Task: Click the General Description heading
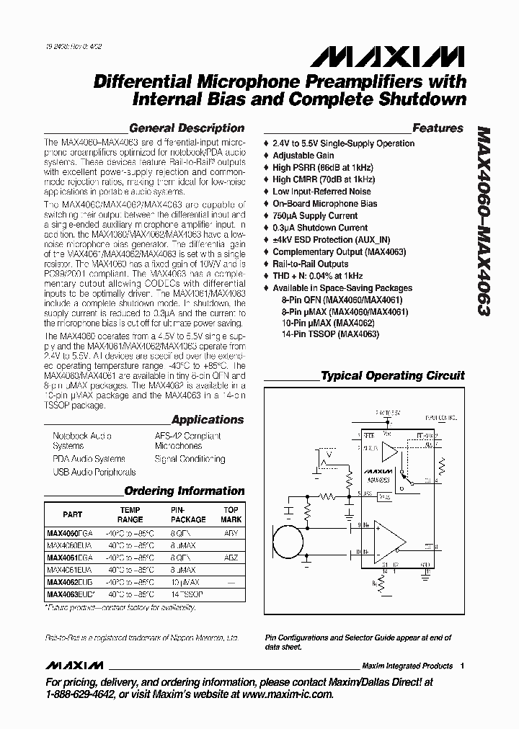(x=186, y=128)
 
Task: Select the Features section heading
(x=438, y=128)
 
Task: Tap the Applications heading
(x=208, y=419)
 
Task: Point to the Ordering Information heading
(x=185, y=491)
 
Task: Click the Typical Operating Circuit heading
(x=392, y=375)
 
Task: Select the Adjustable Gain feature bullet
(x=303, y=155)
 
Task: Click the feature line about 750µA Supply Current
(x=314, y=215)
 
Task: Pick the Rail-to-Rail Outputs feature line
(x=310, y=264)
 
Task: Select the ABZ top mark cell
(x=231, y=558)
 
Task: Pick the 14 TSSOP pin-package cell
(x=187, y=594)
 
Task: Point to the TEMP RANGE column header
(x=130, y=514)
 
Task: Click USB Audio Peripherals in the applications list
(x=94, y=472)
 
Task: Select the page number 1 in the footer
(x=462, y=666)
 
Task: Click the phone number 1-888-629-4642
(x=79, y=694)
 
